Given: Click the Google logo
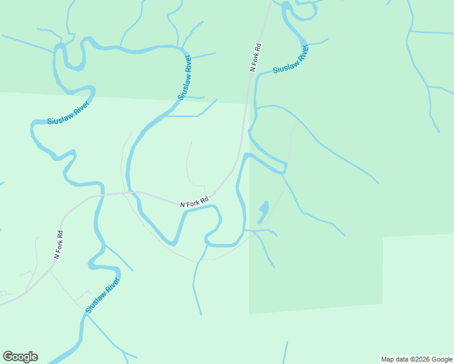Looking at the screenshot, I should [20, 357].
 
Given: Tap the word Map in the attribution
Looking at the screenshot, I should [388, 359].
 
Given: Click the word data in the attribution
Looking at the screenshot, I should [402, 359].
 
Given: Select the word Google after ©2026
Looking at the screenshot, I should [442, 359].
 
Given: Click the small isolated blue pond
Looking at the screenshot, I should [263, 212].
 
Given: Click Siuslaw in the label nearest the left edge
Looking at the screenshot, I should [59, 118].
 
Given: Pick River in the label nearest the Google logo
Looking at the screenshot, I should [113, 285].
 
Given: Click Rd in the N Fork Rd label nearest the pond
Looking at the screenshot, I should [205, 198].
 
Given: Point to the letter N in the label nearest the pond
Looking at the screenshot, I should [182, 206].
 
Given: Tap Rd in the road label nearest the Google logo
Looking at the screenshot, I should [60, 234].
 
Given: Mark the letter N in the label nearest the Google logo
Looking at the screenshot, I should [56, 257].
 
